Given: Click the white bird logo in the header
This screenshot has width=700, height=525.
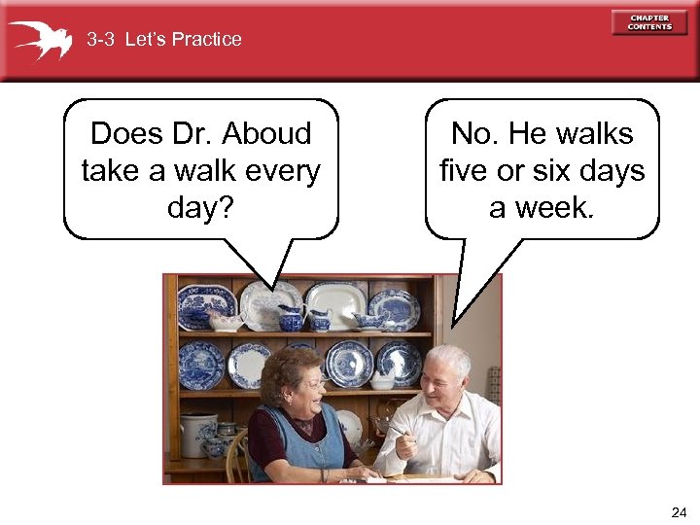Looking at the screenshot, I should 41,40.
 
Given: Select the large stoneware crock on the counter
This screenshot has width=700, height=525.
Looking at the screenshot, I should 197,435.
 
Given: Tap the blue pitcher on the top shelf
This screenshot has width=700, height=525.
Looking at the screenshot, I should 291,317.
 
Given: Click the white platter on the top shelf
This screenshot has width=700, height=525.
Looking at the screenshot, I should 332,304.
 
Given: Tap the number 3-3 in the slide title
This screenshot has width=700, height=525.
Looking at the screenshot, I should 100,40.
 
